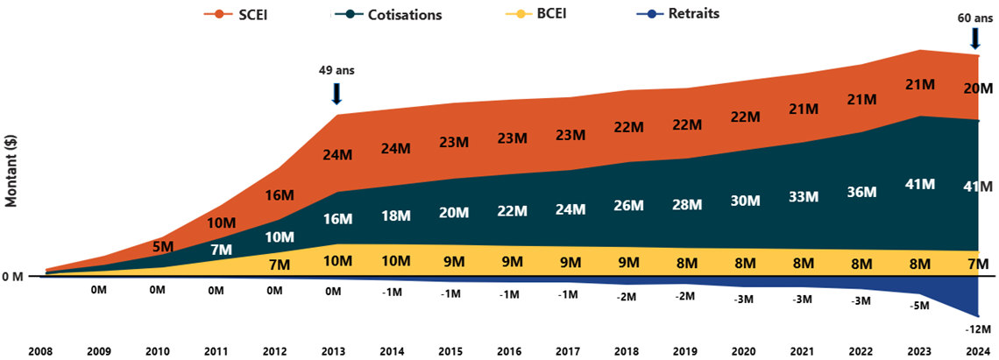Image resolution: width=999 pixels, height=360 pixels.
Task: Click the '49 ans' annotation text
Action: click(x=337, y=70)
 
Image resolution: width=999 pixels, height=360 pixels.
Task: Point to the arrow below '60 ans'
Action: click(x=974, y=38)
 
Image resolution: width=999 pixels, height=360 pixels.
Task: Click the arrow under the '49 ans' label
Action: click(x=337, y=93)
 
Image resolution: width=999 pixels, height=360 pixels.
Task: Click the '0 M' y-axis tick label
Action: click(x=13, y=277)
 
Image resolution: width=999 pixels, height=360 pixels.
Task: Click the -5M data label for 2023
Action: click(x=919, y=306)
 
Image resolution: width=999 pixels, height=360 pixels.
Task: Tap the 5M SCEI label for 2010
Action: click(x=162, y=247)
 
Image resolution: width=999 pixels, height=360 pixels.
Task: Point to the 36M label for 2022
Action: click(x=861, y=192)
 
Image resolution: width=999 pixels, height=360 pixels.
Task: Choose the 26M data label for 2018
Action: click(x=628, y=206)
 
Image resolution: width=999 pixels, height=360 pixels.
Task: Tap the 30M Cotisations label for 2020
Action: click(x=744, y=201)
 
